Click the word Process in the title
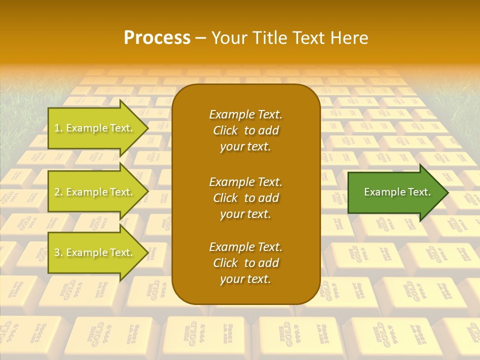click(x=157, y=38)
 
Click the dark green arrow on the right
click(x=395, y=192)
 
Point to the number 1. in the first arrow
click(x=58, y=128)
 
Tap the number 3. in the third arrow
click(x=58, y=253)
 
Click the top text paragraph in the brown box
click(x=245, y=130)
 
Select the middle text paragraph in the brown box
click(x=245, y=198)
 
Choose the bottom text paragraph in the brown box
click(x=245, y=263)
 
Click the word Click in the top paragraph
click(x=225, y=131)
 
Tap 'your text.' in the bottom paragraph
click(x=245, y=279)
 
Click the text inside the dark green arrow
click(x=397, y=192)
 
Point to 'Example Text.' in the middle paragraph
click(x=245, y=182)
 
